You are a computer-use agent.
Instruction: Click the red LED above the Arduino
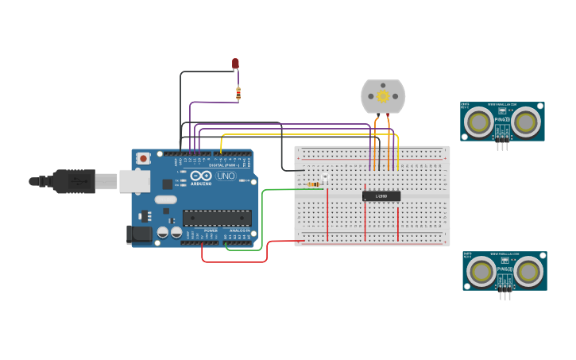click(235, 63)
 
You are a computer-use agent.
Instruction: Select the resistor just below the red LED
click(238, 93)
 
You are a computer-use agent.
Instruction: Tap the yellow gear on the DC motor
click(383, 96)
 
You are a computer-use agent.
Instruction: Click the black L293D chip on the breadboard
click(381, 195)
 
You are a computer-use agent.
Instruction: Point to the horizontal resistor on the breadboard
click(315, 184)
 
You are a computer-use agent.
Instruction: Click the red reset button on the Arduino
click(143, 158)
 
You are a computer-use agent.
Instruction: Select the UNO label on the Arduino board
click(226, 176)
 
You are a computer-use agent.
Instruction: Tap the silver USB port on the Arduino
click(134, 181)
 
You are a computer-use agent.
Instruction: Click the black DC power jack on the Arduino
click(139, 234)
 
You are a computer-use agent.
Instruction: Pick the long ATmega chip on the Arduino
click(217, 218)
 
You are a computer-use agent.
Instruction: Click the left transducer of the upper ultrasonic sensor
click(478, 122)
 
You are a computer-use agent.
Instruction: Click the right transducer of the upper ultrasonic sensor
click(526, 122)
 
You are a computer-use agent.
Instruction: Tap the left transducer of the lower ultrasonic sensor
click(481, 272)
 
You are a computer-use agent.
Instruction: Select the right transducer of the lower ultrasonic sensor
click(528, 272)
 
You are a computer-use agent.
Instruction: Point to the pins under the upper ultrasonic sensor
click(502, 145)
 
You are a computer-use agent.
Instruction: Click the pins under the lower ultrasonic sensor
click(504, 296)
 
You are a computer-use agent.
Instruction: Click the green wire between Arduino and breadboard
click(263, 219)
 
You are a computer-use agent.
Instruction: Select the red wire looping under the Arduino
click(234, 261)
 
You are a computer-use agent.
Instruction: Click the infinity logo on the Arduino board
click(201, 176)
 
